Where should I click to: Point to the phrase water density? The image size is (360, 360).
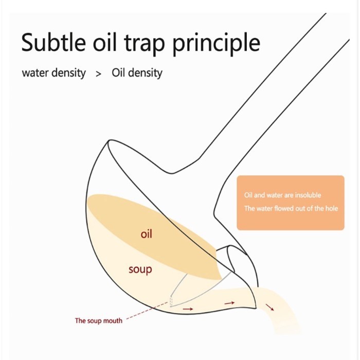tap(53, 73)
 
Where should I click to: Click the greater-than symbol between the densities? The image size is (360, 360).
tap(99, 74)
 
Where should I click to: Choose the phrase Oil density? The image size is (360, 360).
tap(137, 73)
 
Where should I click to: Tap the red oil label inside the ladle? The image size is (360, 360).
tap(147, 235)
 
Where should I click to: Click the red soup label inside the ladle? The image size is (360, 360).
tap(140, 269)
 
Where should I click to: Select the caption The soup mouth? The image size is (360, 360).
tap(99, 321)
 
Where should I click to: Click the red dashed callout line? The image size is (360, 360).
tap(147, 312)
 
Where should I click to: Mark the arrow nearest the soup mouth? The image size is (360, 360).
tap(188, 309)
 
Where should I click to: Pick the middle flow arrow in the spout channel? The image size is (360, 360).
tap(229, 303)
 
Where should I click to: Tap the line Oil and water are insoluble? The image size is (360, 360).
tap(282, 195)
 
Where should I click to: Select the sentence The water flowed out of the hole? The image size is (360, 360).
tap(291, 209)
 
